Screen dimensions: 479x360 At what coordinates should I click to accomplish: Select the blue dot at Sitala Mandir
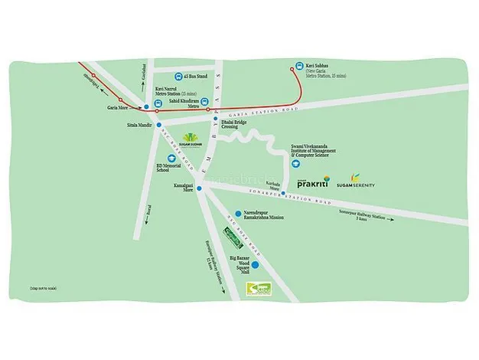[x=159, y=124]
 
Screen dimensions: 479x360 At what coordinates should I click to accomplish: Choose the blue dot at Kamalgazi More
[x=199, y=188]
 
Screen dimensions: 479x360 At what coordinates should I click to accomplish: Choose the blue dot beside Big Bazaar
[x=256, y=265]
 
